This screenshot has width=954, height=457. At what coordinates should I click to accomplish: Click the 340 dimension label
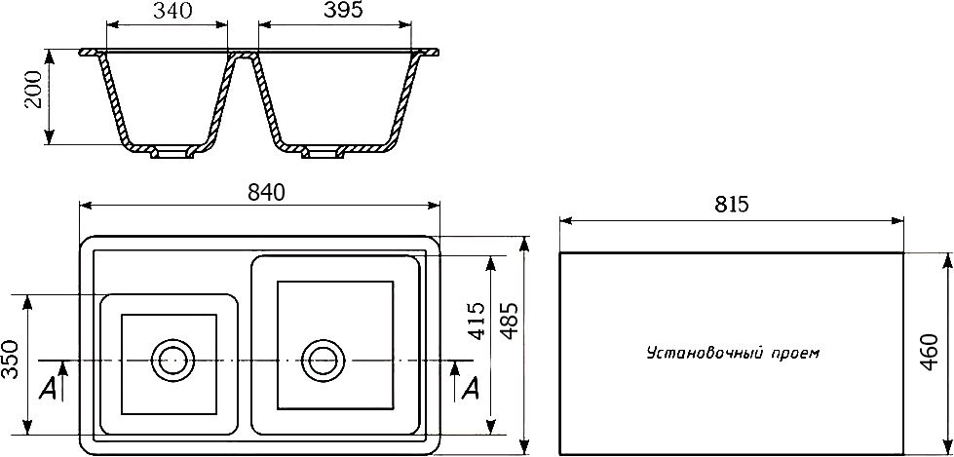pos(172,11)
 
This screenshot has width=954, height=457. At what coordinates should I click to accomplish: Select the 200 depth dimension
pos(33,90)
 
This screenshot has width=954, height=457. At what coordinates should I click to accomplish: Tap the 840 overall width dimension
pos(266,192)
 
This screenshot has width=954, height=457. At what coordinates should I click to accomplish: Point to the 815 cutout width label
pos(730,205)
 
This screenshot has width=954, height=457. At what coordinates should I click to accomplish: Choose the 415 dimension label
pos(477,322)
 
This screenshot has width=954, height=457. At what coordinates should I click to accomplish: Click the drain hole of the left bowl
pos(172,361)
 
